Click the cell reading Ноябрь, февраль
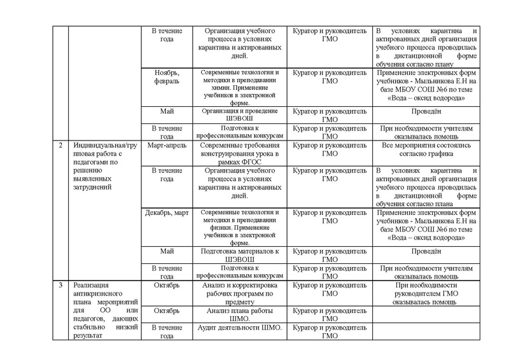(167, 78)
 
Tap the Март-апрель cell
(167, 145)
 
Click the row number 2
(60, 145)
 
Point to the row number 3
(60, 286)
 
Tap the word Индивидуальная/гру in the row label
(102, 145)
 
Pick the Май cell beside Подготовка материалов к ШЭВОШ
(167, 252)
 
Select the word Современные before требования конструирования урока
(221, 145)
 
